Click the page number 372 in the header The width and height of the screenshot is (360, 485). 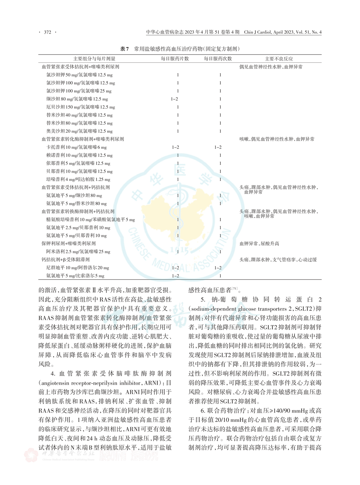click(x=48, y=32)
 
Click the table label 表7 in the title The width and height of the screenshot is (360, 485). click(x=124, y=49)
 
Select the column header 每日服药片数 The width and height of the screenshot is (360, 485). click(x=175, y=59)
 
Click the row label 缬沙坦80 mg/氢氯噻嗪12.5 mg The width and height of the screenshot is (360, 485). click(x=77, y=99)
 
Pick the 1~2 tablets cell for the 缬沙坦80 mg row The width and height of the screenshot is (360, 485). click(x=174, y=99)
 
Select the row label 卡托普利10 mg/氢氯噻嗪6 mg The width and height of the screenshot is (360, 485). click(x=76, y=147)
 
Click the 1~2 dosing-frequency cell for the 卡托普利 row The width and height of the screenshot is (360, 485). click(x=218, y=147)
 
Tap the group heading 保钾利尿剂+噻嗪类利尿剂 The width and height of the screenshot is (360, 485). click(x=68, y=243)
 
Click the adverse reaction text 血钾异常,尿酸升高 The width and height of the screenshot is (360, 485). click(x=259, y=243)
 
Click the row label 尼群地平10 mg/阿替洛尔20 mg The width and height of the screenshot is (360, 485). click(x=78, y=268)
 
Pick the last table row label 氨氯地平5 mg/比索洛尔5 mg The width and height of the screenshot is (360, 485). click(x=75, y=276)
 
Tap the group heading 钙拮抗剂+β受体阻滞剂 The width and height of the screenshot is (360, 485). click(x=65, y=260)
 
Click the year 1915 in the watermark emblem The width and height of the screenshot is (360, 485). click(x=180, y=251)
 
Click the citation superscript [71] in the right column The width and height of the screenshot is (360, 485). click(x=235, y=289)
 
